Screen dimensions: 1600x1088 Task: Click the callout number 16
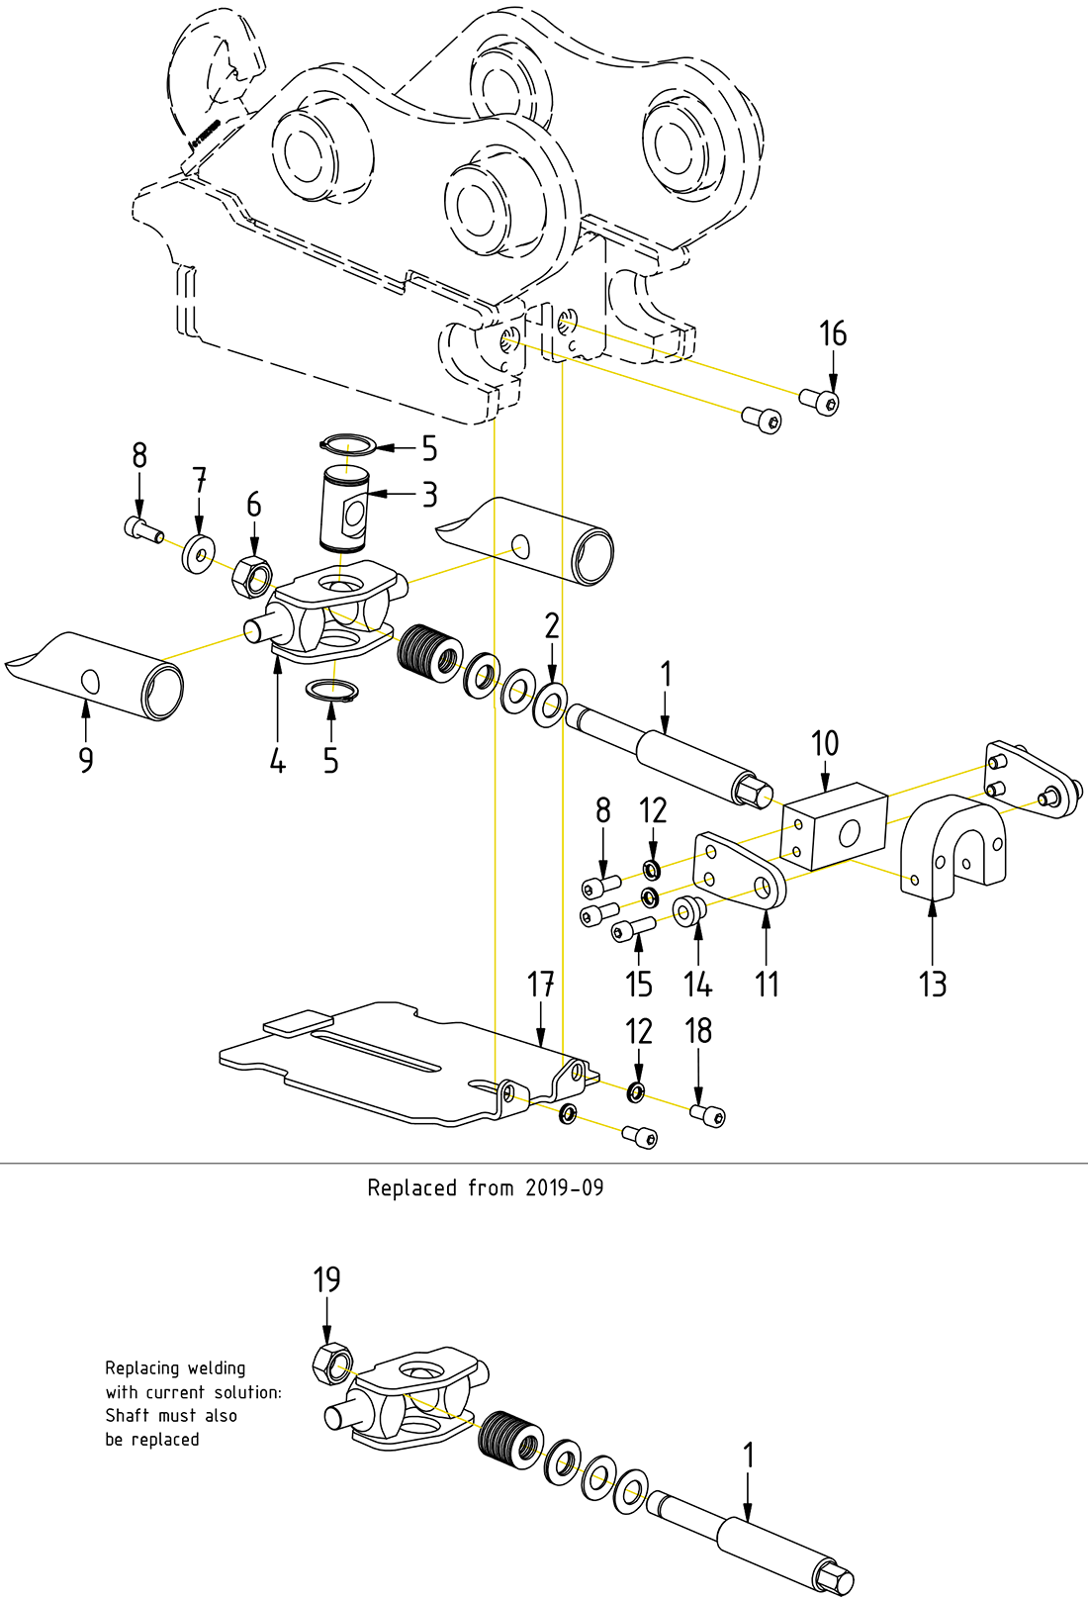coord(833,334)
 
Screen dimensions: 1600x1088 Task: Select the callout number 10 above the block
coord(824,744)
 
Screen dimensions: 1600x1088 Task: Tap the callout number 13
coord(933,985)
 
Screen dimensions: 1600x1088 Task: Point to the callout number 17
coord(540,985)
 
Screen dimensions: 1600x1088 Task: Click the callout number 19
coord(326,1280)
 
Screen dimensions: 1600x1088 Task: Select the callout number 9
coord(86,760)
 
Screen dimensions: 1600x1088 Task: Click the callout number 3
coord(429,495)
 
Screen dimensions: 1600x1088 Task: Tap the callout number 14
coord(698,985)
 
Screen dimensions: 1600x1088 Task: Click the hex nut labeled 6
coord(251,575)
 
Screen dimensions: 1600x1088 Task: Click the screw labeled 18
coord(708,1116)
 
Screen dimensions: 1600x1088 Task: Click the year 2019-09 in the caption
coord(564,1187)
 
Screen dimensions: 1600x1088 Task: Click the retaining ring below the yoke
coord(331,690)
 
